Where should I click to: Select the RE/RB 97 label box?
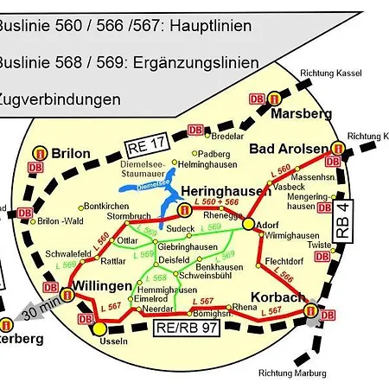tap(186, 327)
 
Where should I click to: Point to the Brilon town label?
tap(71, 153)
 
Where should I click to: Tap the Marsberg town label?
tap(301, 114)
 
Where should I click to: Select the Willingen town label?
tap(102, 285)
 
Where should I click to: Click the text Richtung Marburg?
tap(292, 373)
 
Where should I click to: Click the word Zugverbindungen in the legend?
tap(59, 99)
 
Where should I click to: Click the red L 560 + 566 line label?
tap(216, 201)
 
